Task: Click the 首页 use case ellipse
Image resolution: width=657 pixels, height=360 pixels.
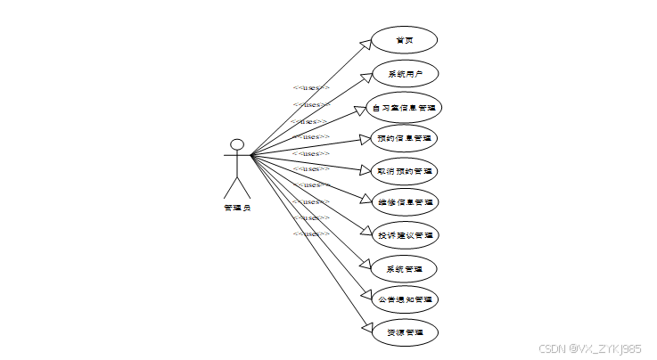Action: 404,40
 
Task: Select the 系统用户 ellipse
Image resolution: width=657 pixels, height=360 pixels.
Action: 404,74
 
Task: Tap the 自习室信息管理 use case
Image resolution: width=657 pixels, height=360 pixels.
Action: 404,108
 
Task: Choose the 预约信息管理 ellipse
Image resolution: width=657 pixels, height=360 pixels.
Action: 404,138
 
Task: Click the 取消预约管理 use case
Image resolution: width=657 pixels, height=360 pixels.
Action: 404,169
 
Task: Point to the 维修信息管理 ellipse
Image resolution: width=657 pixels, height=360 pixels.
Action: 404,202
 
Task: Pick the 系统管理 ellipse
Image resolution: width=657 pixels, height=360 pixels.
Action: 404,268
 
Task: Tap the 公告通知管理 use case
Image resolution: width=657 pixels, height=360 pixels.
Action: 404,299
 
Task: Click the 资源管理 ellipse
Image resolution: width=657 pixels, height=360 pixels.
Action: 404,332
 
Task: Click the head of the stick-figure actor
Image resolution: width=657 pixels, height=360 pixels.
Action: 237,144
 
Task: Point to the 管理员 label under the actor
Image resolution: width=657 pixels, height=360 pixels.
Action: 237,208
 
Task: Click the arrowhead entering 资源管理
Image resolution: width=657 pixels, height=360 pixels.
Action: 366,328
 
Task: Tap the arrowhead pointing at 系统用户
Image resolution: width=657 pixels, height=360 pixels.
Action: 365,76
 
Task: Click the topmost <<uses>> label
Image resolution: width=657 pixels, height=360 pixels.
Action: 311,87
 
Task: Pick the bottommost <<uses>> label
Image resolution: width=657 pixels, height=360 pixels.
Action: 311,233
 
